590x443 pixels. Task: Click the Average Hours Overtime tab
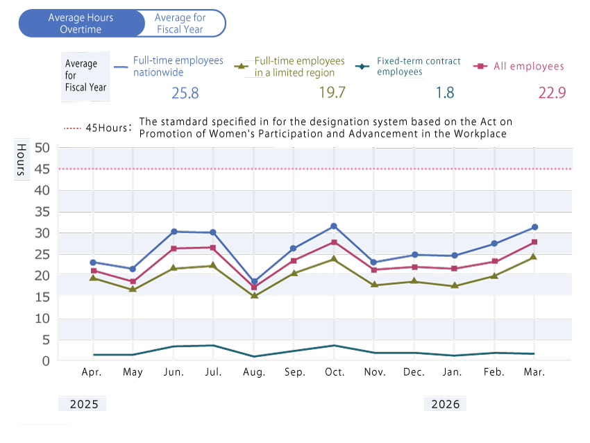pyautogui.click(x=81, y=24)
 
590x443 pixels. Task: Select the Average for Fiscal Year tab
pyautogui.click(x=180, y=24)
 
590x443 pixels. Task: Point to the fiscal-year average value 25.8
pyautogui.click(x=185, y=93)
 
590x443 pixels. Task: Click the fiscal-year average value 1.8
pyautogui.click(x=445, y=92)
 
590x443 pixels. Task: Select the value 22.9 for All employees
pyautogui.click(x=552, y=92)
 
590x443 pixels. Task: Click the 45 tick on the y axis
pyautogui.click(x=42, y=169)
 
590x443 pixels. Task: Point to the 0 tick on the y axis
pyautogui.click(x=46, y=361)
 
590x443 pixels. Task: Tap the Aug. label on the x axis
pyautogui.click(x=254, y=372)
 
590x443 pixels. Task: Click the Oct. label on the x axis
pyautogui.click(x=335, y=372)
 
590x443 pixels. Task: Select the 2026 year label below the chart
pyautogui.click(x=445, y=404)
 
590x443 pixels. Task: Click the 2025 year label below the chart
pyautogui.click(x=84, y=404)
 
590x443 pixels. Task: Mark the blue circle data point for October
pyautogui.click(x=334, y=226)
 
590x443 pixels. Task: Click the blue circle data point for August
pyautogui.click(x=254, y=281)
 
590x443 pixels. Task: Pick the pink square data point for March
pyautogui.click(x=534, y=242)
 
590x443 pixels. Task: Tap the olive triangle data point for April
pyautogui.click(x=93, y=278)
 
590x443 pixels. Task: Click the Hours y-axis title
pyautogui.click(x=22, y=160)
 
